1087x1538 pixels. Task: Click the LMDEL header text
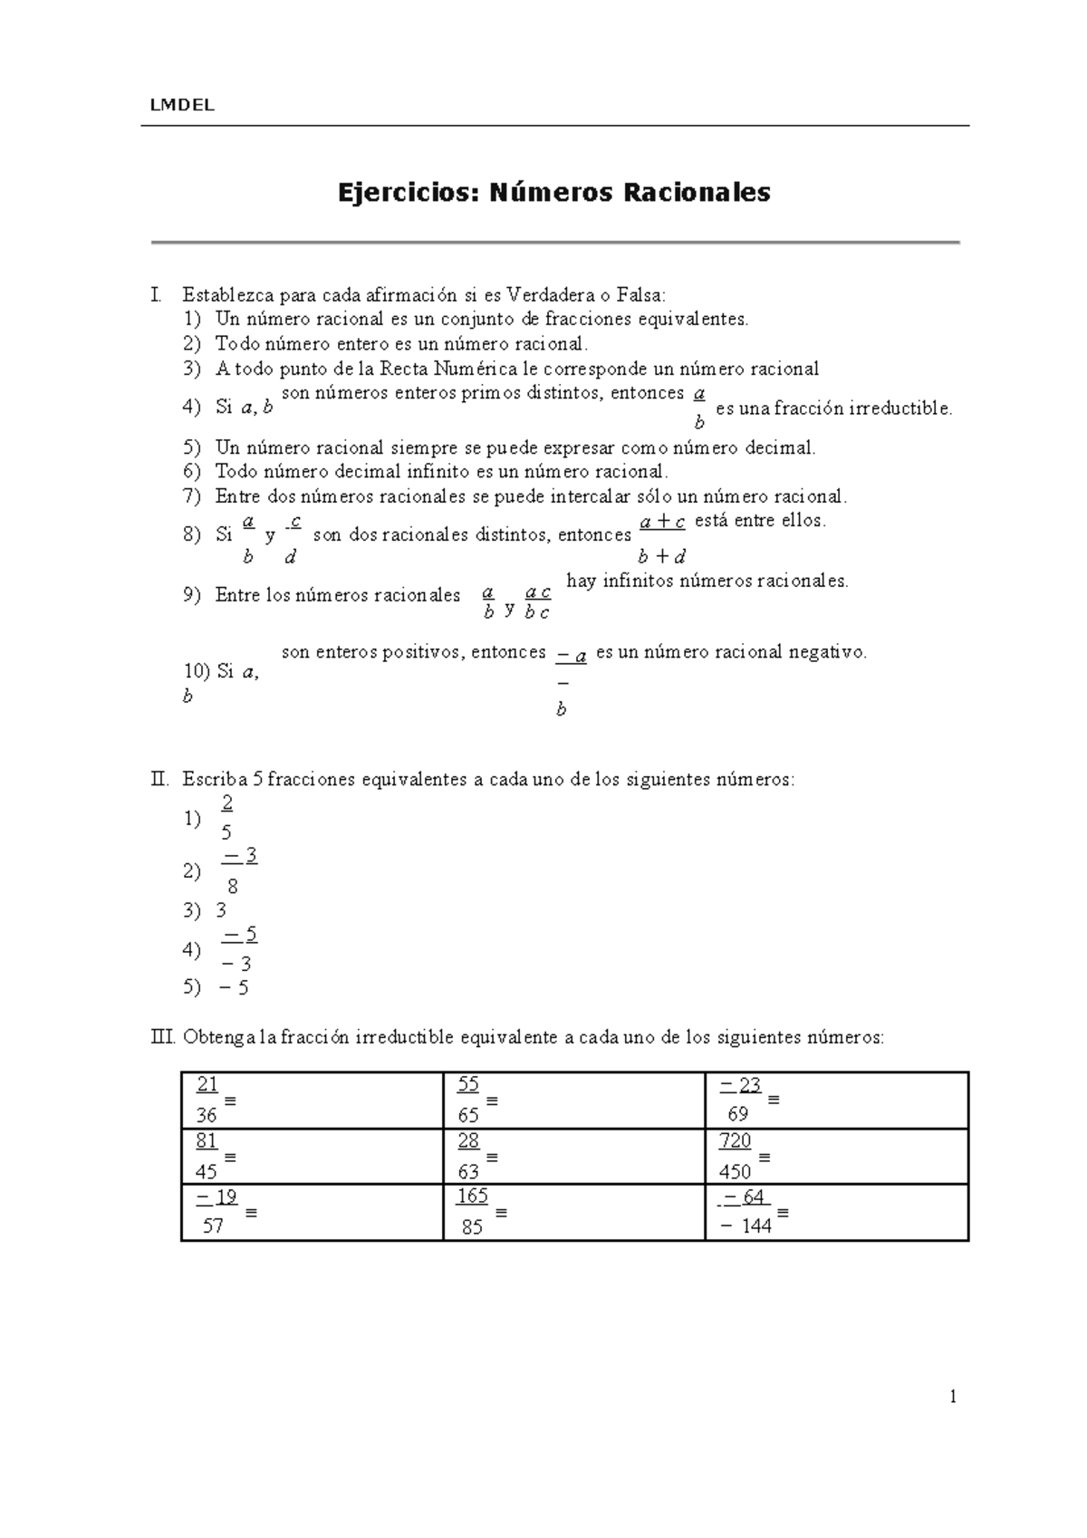tap(182, 105)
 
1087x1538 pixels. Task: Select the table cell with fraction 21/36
tap(312, 1100)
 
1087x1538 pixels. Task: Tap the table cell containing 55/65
tap(573, 1100)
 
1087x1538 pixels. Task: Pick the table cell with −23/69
tap(836, 1100)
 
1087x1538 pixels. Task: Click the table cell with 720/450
tap(836, 1156)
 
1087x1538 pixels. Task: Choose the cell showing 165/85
tap(573, 1212)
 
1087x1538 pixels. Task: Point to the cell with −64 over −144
tap(836, 1212)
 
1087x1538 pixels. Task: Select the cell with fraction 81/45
tap(312, 1156)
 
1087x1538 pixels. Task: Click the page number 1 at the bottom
tap(952, 1397)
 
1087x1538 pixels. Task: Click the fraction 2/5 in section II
tap(226, 817)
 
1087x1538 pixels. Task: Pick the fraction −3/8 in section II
tap(237, 870)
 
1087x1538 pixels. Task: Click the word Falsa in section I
tap(640, 294)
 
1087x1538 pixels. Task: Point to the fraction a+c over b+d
tap(662, 538)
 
